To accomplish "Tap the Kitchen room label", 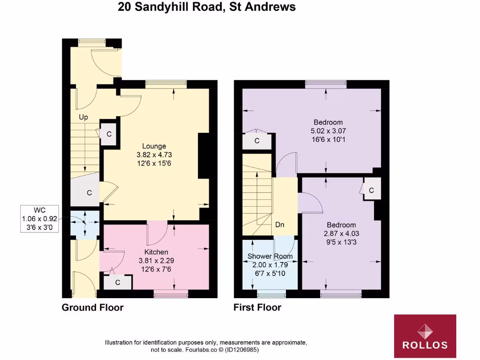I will pos(156,252).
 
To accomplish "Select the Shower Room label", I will pos(270,256).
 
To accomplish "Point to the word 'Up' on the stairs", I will pos(83,117).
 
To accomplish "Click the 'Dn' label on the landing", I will pos(280,225).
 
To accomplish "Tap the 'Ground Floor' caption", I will pos(93,307).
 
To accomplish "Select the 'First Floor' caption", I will pos(257,307).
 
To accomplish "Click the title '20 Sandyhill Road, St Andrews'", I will pos(207,7).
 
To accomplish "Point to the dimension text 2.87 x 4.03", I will pos(341,233).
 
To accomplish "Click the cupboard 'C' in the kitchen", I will pos(118,282).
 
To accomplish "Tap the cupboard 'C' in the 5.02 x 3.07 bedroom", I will pos(257,141).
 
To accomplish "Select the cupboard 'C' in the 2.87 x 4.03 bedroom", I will pos(371,190).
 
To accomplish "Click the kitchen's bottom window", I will pos(171,294).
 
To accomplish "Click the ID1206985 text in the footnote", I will pos(240,350).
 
